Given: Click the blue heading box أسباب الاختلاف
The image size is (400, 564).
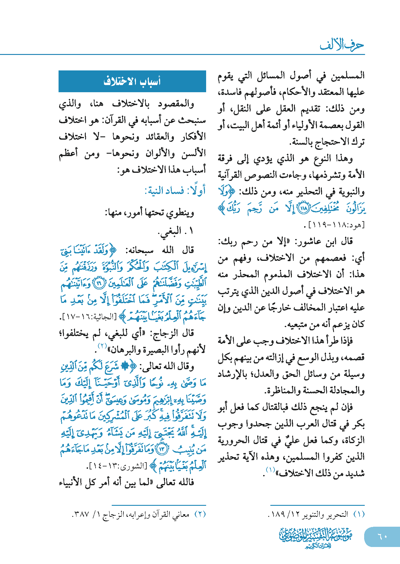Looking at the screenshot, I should (132, 81).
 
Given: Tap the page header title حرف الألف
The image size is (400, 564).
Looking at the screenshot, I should (342, 45).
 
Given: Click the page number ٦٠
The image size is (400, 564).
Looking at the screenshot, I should (382, 536).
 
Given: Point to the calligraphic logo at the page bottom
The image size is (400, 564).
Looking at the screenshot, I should (315, 537).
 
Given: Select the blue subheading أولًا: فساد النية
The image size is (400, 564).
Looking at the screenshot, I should (175, 191).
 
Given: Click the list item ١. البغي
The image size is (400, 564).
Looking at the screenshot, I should (176, 231).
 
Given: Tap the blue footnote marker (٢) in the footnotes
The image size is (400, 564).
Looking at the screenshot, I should (200, 514).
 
